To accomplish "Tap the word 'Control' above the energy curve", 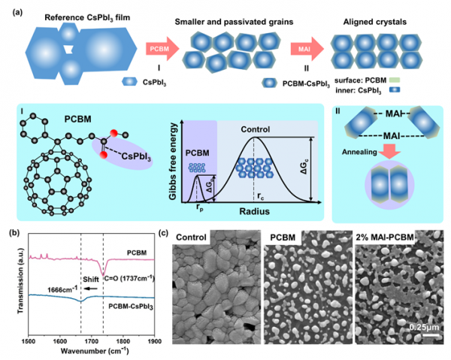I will (256, 127).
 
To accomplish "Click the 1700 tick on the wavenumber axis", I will (91, 342).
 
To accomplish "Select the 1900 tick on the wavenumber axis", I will (155, 342).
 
